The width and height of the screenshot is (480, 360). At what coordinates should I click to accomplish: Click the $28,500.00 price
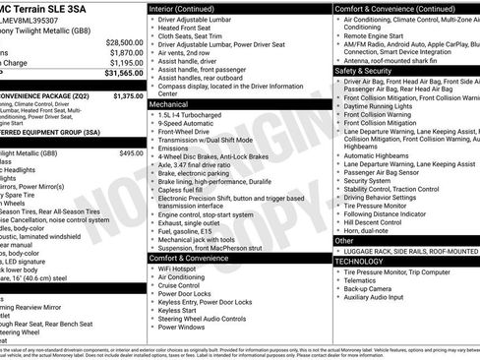click(124, 42)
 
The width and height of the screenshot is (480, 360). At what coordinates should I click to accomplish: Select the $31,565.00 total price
click(124, 73)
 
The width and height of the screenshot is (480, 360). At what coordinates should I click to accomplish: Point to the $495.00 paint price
click(130, 153)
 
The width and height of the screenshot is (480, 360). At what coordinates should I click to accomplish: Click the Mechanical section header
click(169, 102)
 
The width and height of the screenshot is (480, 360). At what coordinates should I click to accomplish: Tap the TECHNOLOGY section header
click(360, 262)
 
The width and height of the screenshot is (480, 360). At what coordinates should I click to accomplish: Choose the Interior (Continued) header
click(189, 8)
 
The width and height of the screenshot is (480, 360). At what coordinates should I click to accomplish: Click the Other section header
click(344, 240)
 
